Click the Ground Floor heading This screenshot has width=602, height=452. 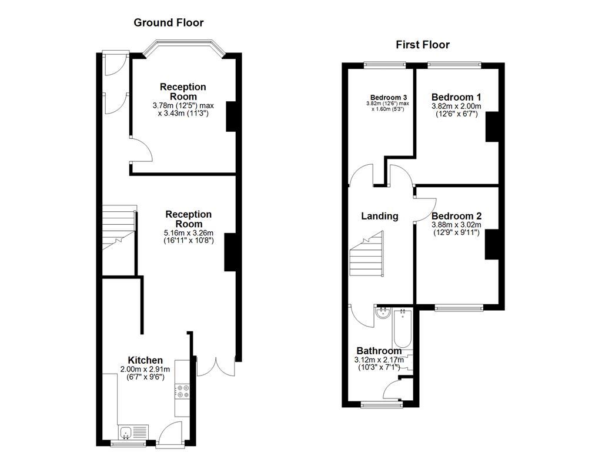pos(169,23)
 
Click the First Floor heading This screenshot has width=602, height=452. pos(422,45)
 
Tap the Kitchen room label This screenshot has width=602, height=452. pos(145,360)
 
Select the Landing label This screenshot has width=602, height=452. pos(379,216)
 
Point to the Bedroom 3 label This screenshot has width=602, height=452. pos(389,98)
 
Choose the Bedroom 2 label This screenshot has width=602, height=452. pos(456,216)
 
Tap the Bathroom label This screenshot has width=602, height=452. pos(379,351)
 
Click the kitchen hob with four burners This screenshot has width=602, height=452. pos(182,391)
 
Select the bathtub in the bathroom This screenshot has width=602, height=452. pos(403,328)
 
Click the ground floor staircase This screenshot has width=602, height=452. pos(118,227)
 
